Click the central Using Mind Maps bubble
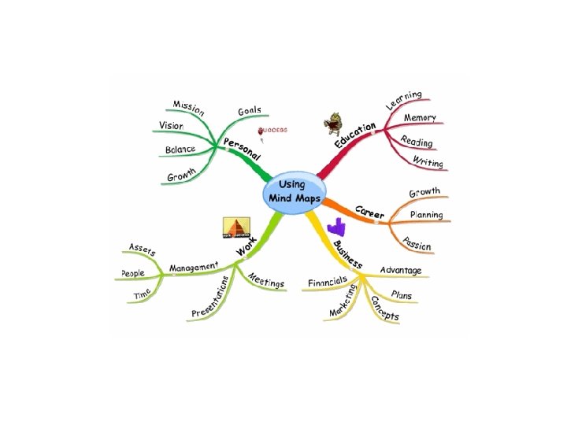click(291, 190)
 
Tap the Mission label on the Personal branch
click(188, 106)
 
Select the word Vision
click(171, 126)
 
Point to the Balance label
click(180, 150)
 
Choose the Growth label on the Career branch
click(424, 192)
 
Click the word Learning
click(404, 100)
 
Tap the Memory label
click(420, 118)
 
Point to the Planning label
click(425, 215)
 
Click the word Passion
click(416, 244)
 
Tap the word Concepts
click(385, 309)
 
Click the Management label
click(193, 268)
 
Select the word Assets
click(143, 250)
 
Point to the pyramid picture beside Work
click(236, 228)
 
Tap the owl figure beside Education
click(332, 124)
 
